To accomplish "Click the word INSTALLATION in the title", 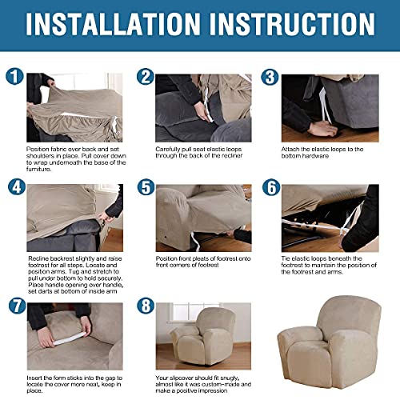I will (x=120, y=30).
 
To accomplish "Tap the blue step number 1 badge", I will (x=14, y=78).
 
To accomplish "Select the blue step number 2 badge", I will (x=145, y=78).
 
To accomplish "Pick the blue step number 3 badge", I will (x=270, y=78).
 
